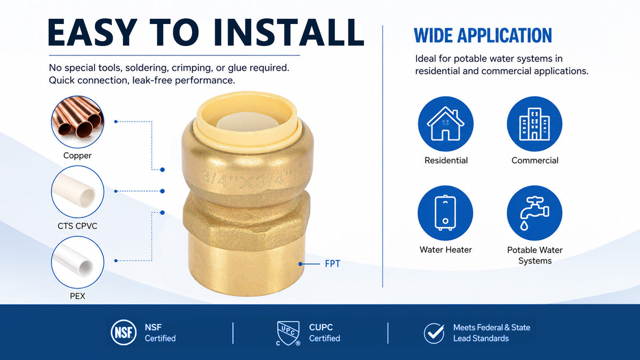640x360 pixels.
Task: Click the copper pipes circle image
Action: [77, 122]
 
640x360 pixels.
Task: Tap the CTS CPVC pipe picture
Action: [77, 191]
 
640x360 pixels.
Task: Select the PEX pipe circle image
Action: [77, 262]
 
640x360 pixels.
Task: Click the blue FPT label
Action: [333, 263]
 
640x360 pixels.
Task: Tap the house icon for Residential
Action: [446, 124]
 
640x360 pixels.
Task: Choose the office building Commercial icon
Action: [534, 124]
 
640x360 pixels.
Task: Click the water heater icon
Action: [445, 213]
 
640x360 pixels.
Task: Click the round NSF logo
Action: [123, 332]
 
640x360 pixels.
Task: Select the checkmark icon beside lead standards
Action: [434, 333]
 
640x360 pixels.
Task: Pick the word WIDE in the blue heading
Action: [433, 36]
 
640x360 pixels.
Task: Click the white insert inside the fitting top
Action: [247, 122]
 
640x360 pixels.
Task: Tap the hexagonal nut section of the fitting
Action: [246, 220]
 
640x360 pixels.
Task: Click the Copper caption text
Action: [77, 156]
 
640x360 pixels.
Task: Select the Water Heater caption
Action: [446, 250]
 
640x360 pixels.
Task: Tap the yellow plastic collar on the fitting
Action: [247, 120]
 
